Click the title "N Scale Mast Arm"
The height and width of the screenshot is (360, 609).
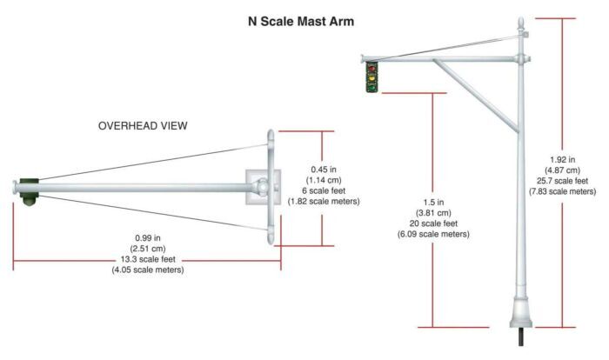pos(301,21)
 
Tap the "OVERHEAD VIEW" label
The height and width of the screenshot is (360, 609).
pos(143,126)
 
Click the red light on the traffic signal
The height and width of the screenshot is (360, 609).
pos(372,69)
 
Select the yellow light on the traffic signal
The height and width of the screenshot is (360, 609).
pos(372,78)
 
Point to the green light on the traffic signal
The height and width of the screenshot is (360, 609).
pos(372,87)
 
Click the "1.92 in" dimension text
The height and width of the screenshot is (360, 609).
pos(562,160)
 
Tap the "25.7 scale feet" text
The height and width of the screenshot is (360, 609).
pos(562,181)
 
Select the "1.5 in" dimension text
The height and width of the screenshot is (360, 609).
pos(433,203)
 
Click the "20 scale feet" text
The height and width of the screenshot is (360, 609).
pos(433,223)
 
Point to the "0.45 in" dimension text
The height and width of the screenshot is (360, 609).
pos(324,170)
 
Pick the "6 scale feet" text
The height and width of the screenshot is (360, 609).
pos(324,191)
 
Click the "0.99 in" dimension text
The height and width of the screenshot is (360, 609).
pos(148,238)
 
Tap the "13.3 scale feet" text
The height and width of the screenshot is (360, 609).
pos(148,259)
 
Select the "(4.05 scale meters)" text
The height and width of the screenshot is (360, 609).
pos(148,270)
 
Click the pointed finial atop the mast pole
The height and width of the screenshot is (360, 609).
pos(521,24)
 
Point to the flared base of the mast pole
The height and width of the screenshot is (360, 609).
pos(521,313)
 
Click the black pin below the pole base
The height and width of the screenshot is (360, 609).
pos(521,337)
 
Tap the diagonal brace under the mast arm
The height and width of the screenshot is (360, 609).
pos(476,95)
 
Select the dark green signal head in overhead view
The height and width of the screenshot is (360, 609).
pos(30,191)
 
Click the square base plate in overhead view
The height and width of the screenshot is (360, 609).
pos(263,187)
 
